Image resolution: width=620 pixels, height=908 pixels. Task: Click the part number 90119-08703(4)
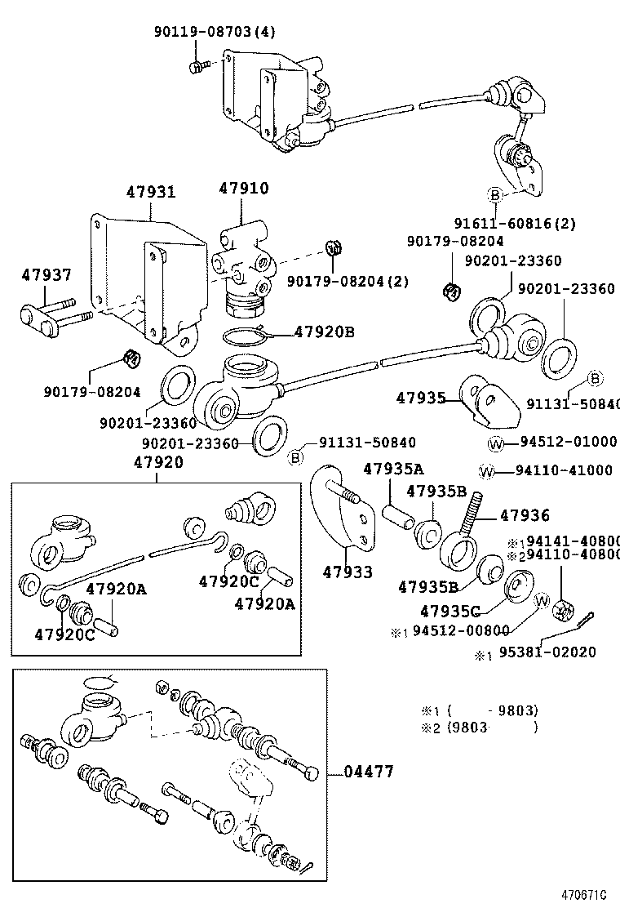(x=215, y=32)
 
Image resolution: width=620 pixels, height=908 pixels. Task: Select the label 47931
(x=150, y=193)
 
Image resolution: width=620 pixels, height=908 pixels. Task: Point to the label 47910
(x=243, y=189)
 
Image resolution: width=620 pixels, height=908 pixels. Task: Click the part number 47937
(x=46, y=276)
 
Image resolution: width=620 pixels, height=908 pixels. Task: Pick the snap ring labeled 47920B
(x=246, y=334)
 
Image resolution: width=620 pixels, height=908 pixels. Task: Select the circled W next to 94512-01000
(x=496, y=443)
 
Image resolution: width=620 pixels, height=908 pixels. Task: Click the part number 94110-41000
(x=563, y=471)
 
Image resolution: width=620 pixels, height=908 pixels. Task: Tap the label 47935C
(x=449, y=610)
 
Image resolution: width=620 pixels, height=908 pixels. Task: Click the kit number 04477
(x=368, y=772)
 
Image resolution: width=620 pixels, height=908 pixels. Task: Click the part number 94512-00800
(x=461, y=630)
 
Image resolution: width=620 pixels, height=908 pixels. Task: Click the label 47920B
(x=324, y=332)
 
